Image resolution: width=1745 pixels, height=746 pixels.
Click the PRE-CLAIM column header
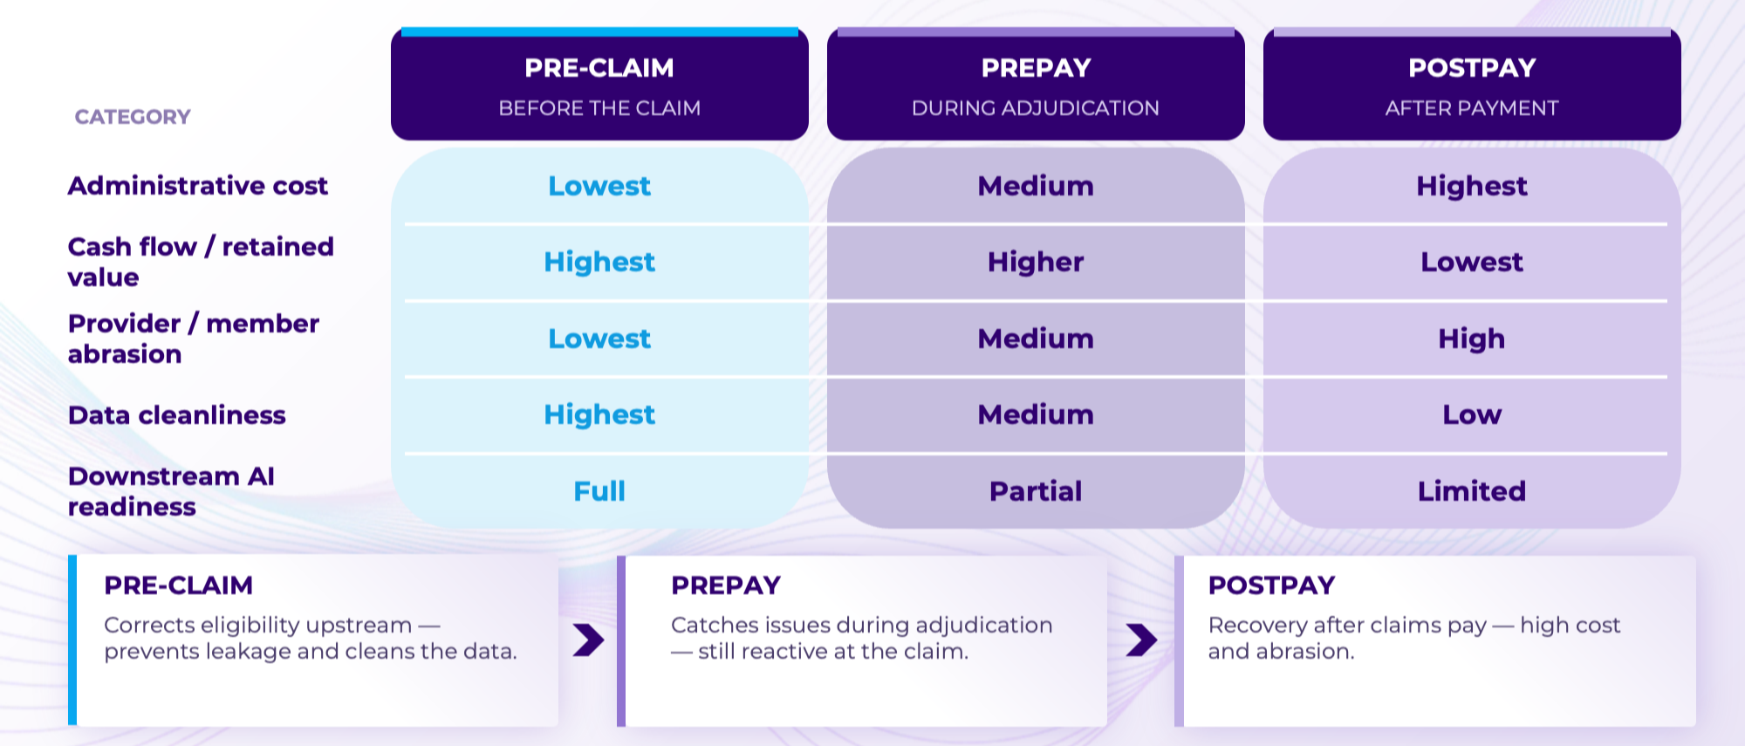pos(599,84)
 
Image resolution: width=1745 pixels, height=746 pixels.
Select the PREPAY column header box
pos(1036,84)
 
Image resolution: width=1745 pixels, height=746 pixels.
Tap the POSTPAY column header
pos(1472,84)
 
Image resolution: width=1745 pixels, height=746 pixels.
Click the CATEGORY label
pos(133,117)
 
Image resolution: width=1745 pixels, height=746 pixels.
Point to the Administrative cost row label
pos(198,186)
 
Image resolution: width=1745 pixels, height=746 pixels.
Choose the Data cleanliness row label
pos(177,415)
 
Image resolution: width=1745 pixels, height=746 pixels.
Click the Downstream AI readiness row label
pos(171,491)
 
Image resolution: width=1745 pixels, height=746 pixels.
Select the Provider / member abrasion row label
pos(194,339)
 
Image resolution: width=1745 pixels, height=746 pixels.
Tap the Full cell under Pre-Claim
pos(599,491)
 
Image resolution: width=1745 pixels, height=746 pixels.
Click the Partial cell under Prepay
pos(1036,491)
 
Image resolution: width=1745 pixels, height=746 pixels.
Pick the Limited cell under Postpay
pos(1472,491)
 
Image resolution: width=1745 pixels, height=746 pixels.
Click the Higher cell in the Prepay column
pos(1036,262)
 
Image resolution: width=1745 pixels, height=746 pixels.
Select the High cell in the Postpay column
pos(1472,339)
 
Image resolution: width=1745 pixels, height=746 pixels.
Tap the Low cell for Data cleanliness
pos(1472,414)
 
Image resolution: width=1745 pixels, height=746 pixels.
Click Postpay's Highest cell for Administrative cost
pos(1472,186)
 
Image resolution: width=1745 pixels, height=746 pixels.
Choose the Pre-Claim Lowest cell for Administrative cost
pos(599,186)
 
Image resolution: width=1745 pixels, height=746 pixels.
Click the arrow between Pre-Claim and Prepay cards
pos(589,640)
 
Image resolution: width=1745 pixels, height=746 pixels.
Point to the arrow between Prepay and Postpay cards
pos(1141,640)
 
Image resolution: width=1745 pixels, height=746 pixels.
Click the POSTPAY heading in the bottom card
pos(1271,585)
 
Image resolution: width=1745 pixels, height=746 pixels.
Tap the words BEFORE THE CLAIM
pos(599,108)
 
